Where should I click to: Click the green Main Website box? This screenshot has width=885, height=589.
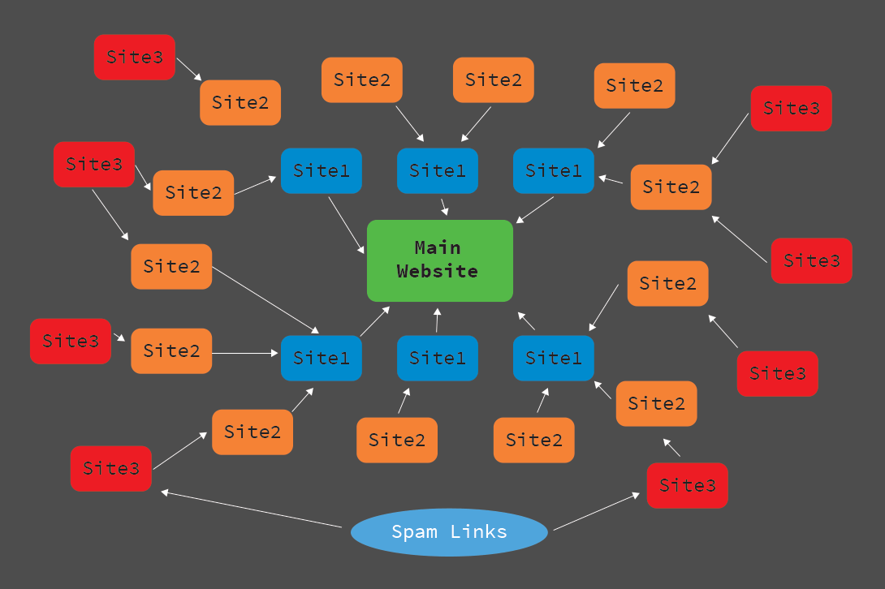click(440, 260)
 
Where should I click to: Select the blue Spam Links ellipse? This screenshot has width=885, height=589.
click(449, 532)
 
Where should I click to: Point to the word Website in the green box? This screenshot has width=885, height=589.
click(437, 271)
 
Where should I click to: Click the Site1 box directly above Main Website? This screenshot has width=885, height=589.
click(438, 170)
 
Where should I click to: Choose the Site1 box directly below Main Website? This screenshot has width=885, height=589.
click(438, 358)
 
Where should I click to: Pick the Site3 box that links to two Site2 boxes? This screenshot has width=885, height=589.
click(94, 165)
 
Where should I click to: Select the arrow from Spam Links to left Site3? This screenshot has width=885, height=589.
click(252, 509)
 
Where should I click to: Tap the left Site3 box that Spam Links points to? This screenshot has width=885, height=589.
click(111, 468)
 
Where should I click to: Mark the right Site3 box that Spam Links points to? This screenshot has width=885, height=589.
click(688, 485)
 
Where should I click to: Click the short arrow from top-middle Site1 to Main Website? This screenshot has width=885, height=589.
click(443, 206)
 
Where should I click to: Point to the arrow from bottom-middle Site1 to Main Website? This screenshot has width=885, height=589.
click(437, 320)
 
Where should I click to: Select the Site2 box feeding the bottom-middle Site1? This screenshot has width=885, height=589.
click(397, 440)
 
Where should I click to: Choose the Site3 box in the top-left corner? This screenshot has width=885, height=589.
click(135, 57)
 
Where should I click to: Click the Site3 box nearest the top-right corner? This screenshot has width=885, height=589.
click(792, 108)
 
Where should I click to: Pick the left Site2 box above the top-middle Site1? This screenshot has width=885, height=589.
click(362, 80)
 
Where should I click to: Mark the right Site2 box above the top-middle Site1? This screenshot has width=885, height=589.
click(494, 80)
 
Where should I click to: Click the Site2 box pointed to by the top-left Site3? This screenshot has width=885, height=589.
click(240, 102)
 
